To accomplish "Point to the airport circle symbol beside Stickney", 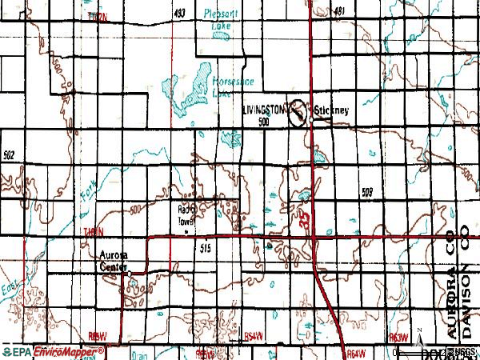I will tap(298, 112).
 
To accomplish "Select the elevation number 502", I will tap(10, 155).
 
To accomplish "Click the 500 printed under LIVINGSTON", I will tap(263, 122).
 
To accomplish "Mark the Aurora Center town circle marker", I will tap(130, 274).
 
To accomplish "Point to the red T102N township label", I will tap(97, 16).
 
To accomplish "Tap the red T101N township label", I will tap(92, 231).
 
